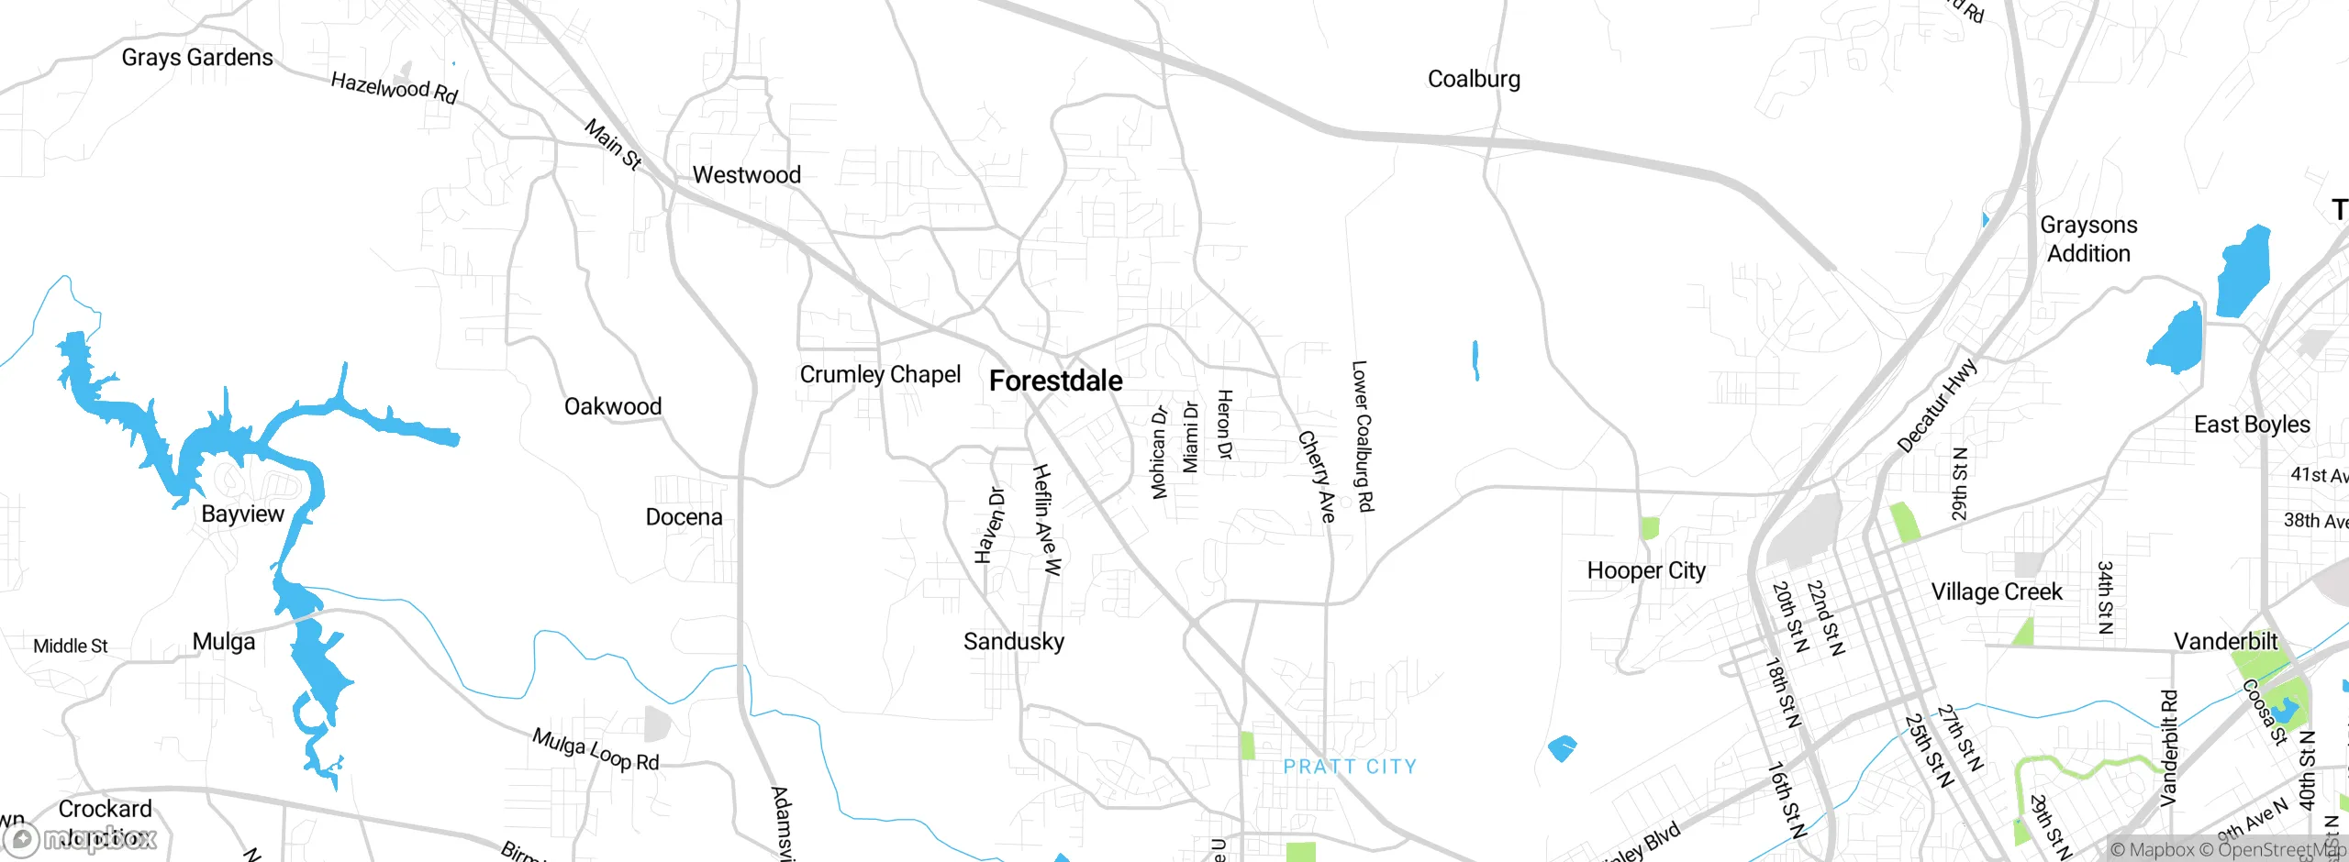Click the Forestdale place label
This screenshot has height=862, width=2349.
click(x=1055, y=381)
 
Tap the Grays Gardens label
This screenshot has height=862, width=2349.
click(x=197, y=58)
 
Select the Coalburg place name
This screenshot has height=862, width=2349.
click(x=1474, y=79)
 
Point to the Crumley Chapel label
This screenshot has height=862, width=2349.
click(x=880, y=374)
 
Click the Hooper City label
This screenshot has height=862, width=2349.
click(x=1646, y=570)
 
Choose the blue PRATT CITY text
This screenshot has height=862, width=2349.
click(x=1350, y=767)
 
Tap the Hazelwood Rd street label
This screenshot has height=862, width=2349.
click(x=394, y=88)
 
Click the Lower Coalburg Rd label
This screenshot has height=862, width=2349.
click(x=1363, y=436)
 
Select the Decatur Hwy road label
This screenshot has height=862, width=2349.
click(x=1937, y=406)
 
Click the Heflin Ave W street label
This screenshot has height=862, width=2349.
click(x=1046, y=520)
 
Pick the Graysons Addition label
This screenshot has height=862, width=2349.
click(x=2088, y=239)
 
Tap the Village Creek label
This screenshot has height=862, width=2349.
click(x=1997, y=592)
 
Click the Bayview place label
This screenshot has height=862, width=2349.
click(x=242, y=514)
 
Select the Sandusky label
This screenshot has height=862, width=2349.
click(x=1014, y=641)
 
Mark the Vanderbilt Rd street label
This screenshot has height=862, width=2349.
click(x=2168, y=748)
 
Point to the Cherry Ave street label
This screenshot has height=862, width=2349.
click(x=1317, y=477)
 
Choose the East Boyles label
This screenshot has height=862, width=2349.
click(x=2252, y=425)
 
